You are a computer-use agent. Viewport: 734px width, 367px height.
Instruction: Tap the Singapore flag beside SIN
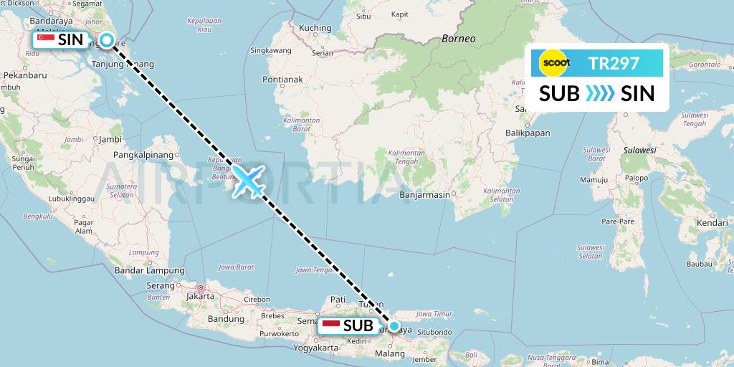(x=47, y=41)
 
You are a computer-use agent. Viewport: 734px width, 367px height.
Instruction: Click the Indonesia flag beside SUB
(x=331, y=326)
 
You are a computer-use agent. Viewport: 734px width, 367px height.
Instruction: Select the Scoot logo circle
(x=556, y=64)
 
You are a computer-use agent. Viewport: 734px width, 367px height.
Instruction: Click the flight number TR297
(x=614, y=64)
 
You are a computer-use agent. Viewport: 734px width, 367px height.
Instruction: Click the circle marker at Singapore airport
(x=106, y=41)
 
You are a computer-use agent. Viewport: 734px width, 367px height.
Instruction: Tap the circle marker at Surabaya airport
(x=394, y=326)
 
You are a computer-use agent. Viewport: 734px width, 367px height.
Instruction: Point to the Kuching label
(x=315, y=28)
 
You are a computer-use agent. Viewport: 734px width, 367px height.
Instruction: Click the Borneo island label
(x=459, y=39)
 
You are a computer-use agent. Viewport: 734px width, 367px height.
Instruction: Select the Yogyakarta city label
(x=316, y=348)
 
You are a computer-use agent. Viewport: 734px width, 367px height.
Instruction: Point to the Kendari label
(x=712, y=224)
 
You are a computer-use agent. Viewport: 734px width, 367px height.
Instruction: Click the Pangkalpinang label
(x=145, y=154)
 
